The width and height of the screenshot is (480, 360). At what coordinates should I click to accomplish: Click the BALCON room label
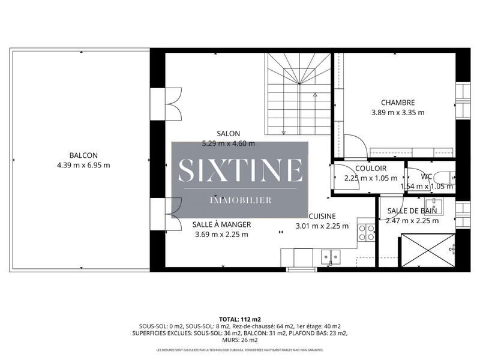83,155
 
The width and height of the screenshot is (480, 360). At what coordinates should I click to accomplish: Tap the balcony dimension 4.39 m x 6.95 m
83,165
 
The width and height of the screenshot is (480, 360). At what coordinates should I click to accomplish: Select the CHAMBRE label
397,103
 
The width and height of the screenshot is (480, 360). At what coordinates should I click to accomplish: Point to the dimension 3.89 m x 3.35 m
397,112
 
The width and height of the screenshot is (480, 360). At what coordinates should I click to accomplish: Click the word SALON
229,134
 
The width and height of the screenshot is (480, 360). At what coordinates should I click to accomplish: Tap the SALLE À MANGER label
221,224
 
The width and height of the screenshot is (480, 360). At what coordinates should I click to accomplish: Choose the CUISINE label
322,216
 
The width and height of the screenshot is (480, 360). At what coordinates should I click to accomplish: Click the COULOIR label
370,169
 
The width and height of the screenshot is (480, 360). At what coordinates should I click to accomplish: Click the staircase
299,93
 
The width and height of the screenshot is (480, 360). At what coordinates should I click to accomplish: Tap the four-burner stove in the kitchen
367,232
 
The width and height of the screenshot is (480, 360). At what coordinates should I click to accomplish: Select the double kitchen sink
328,258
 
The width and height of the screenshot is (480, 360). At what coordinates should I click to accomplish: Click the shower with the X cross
427,250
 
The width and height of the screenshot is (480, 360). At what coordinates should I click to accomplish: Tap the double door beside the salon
173,104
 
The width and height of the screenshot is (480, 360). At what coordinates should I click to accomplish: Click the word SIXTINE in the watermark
240,170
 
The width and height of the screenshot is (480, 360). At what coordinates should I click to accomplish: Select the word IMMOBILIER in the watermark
240,199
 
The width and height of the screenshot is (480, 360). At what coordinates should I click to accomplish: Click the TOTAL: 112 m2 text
240,319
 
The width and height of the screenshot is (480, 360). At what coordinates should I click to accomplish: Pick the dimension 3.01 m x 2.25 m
322,226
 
